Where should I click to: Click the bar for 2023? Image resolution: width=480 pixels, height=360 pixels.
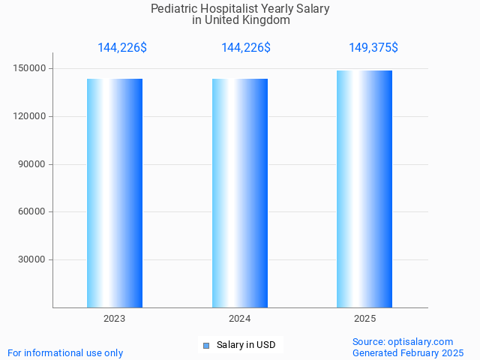[115, 193]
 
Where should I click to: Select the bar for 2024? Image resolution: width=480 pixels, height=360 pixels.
[240, 193]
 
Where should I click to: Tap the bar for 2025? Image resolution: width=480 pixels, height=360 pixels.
[364, 189]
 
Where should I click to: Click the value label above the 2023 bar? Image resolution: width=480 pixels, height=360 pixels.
[122, 48]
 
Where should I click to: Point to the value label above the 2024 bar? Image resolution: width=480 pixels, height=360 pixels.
[246, 48]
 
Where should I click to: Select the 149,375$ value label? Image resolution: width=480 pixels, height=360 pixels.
[373, 48]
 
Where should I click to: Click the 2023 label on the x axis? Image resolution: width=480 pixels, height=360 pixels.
[115, 319]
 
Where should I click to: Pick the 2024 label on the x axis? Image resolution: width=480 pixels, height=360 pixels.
[240, 319]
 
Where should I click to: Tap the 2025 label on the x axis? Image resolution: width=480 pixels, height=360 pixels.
[365, 319]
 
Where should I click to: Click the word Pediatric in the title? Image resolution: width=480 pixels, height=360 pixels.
[173, 9]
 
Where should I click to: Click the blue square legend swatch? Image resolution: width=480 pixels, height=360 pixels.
[206, 345]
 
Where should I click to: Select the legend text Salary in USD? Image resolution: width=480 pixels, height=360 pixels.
[246, 345]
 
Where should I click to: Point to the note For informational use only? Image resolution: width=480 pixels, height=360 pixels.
[65, 352]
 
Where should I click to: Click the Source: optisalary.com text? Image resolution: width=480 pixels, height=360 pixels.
[403, 341]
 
